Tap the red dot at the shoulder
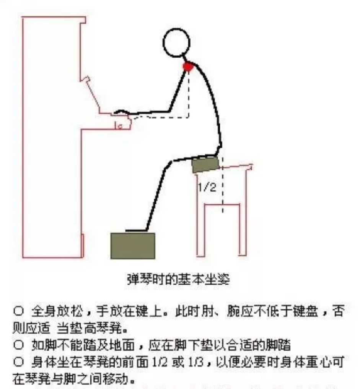coord(188,66)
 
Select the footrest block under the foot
coord(133,246)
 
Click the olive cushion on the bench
coord(206,164)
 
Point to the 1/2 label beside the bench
coord(207,187)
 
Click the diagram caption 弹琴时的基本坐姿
coord(178,280)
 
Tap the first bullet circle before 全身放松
coord(19,311)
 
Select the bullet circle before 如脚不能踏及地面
coord(19,345)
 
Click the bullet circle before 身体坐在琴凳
coord(19,362)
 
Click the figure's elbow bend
coord(170,109)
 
